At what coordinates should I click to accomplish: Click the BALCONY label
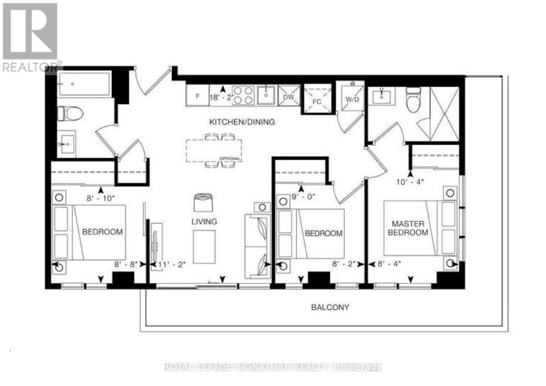[x=330, y=307]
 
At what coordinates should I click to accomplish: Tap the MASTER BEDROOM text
[x=408, y=228]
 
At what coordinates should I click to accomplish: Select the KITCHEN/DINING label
[x=242, y=122]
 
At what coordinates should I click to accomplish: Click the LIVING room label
[x=204, y=221]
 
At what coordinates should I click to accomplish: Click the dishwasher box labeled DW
[x=289, y=97]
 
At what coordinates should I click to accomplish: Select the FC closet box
[x=317, y=101]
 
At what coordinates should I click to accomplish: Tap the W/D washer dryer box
[x=353, y=99]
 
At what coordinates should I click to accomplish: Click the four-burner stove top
[x=243, y=95]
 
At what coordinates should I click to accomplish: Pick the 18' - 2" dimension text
[x=221, y=97]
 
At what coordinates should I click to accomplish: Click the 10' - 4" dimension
[x=410, y=182]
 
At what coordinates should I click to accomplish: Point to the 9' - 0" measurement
[x=303, y=197]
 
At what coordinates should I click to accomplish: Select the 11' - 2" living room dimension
[x=172, y=264]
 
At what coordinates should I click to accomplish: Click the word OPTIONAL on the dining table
[x=230, y=159]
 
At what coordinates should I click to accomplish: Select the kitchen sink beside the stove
[x=266, y=95]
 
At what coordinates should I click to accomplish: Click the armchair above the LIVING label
[x=203, y=202]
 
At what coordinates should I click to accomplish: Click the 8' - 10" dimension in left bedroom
[x=101, y=198]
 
